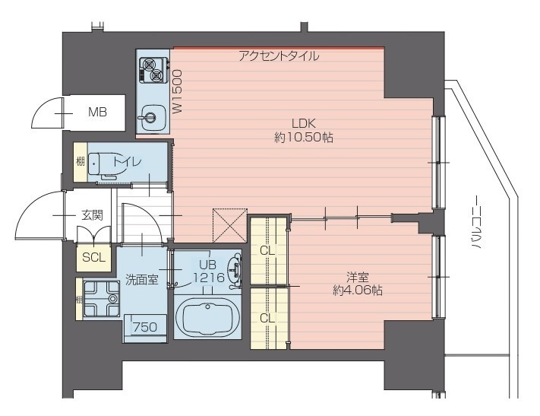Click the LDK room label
tap(303, 123)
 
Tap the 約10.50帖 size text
tap(303, 138)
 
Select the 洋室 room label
tap(358, 277)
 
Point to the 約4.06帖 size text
tap(358, 291)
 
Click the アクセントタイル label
tap(279, 56)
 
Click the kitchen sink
tap(153, 117)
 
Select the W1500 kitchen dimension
tap(177, 91)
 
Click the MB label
tap(97, 112)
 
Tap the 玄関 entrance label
tap(93, 215)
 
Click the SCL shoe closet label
tap(93, 257)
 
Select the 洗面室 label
tap(141, 280)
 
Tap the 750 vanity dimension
tap(145, 326)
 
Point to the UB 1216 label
tap(209, 271)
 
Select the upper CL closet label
tap(267, 251)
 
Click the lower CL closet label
tap(267, 318)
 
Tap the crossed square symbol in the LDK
tap(229, 226)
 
